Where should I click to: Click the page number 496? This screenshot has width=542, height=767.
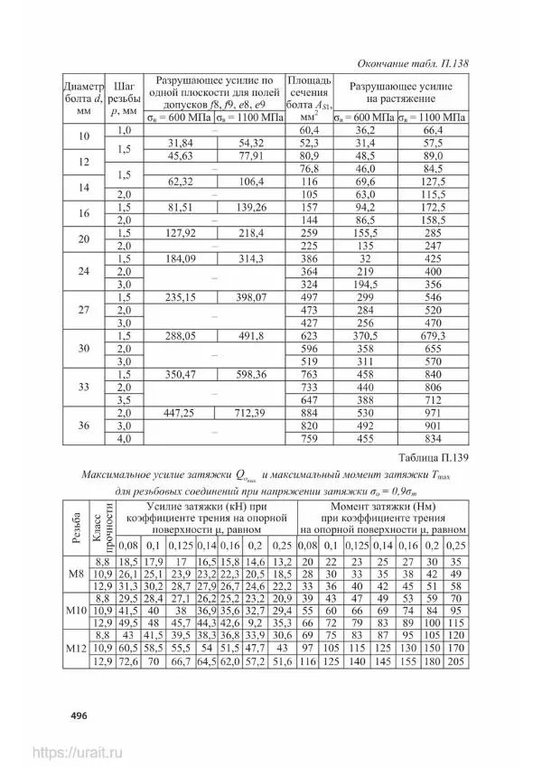point(70,716)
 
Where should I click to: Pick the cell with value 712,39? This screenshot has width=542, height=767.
point(250,412)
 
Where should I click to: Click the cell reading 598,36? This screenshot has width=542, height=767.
point(250,373)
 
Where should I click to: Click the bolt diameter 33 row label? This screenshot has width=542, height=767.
point(84,387)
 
